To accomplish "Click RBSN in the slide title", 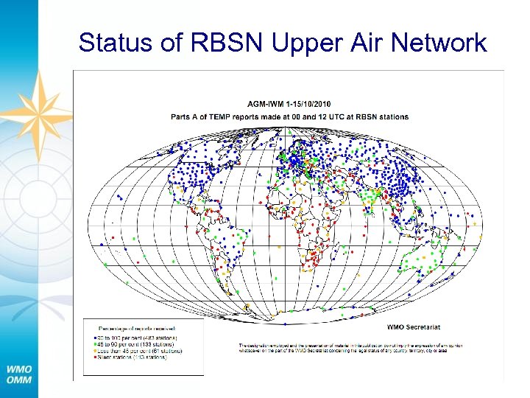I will (x=226, y=42).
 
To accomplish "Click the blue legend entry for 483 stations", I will (x=140, y=337).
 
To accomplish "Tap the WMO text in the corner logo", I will (x=20, y=369).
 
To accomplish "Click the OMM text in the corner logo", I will (x=20, y=380).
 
